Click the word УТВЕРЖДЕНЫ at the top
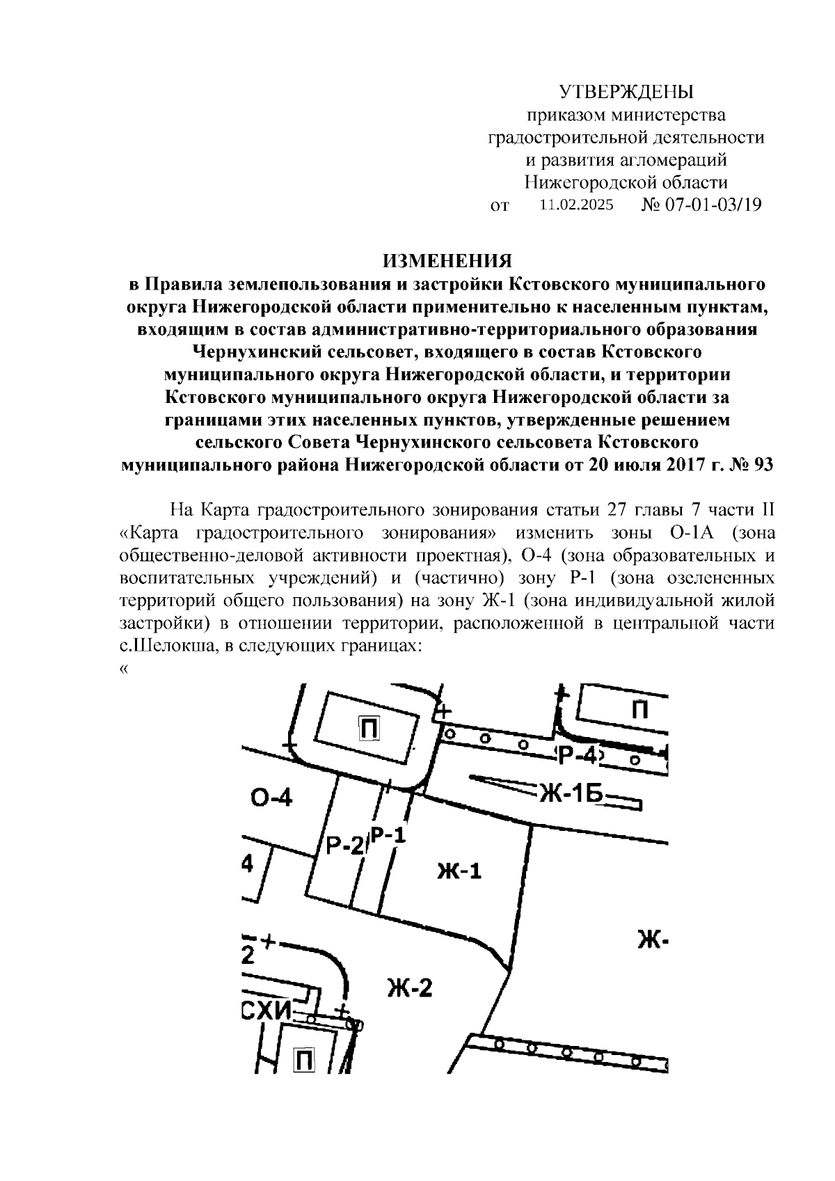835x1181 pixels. pos(627,92)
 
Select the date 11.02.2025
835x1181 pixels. pos(577,205)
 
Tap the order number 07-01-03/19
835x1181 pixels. pos(713,205)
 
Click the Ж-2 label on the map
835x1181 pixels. pos(410,987)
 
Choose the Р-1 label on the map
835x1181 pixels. pos(388,834)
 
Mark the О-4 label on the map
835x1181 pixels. pos(271,798)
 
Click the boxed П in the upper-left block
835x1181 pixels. pos(369,728)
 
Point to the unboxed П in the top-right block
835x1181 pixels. pos(640,710)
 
